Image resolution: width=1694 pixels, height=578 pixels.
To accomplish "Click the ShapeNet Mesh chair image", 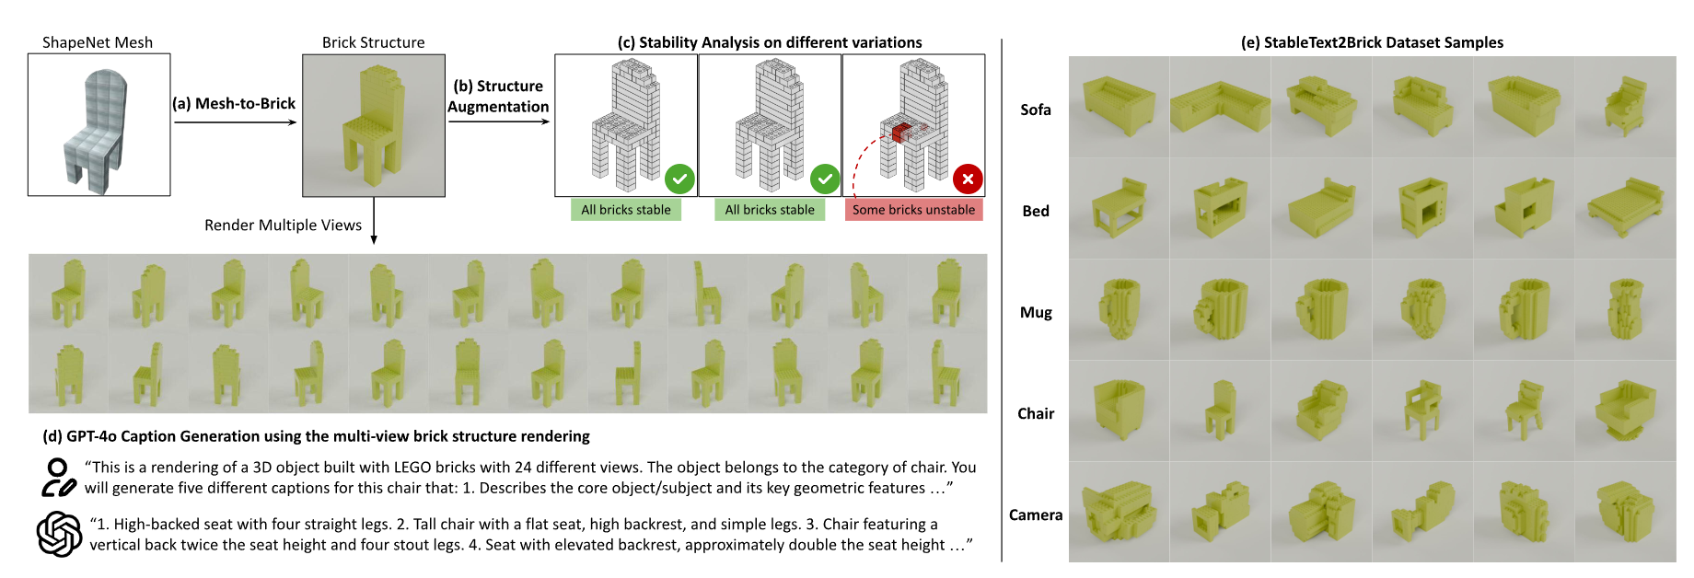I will pos(99,124).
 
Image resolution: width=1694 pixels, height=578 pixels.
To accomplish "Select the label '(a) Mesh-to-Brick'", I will pos(234,104).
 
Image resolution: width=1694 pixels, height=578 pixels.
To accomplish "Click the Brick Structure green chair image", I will pos(373,125).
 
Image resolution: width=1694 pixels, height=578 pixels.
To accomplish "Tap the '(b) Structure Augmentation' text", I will pos(498,96).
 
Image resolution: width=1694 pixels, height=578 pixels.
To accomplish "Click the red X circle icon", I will pos(968,179).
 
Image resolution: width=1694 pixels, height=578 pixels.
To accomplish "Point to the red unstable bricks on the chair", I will pos(900,133).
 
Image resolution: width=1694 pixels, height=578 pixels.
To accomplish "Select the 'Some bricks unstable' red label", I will pos(913,210).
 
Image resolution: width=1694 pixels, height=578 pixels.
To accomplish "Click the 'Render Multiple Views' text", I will pos(283,225).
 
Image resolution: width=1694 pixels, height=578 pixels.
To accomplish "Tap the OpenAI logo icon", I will pos(59,534).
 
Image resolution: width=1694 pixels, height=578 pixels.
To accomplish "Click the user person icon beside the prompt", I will pos(58,478).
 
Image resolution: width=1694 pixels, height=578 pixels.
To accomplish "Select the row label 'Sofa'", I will pos(1035,110).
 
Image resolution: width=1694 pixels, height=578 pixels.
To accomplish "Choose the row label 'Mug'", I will pos(1036,312).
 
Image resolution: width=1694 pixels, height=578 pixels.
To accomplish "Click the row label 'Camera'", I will pos(1036,514).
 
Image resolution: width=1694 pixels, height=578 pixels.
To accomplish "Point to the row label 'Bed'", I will pos(1036,211).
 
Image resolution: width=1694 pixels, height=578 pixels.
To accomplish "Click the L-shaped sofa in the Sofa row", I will pos(1219,107).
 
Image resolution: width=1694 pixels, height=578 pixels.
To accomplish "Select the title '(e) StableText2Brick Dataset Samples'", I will pos(1372,42).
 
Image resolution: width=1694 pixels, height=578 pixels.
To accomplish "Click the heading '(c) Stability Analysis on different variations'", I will pos(769,42).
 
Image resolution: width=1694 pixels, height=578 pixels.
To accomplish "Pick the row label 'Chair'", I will pos(1036,413).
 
